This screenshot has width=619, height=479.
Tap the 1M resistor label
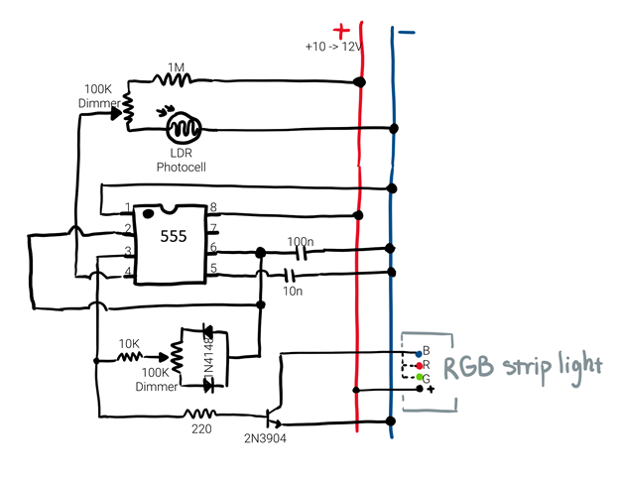[x=176, y=67]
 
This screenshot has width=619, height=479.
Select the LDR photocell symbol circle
[x=183, y=128]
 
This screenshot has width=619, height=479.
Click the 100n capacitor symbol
[x=296, y=252]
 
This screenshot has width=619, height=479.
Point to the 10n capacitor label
[x=293, y=290]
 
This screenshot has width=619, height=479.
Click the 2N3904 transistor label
[x=265, y=437]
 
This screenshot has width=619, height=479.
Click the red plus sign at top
[x=341, y=30]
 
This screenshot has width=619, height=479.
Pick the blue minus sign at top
[x=406, y=32]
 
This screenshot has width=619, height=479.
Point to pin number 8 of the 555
[x=212, y=208]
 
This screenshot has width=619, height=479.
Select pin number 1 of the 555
[x=127, y=208]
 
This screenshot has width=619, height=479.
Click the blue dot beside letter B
[x=417, y=352]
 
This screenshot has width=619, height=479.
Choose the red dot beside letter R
[x=418, y=365]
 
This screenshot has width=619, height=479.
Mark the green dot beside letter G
[x=418, y=378]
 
